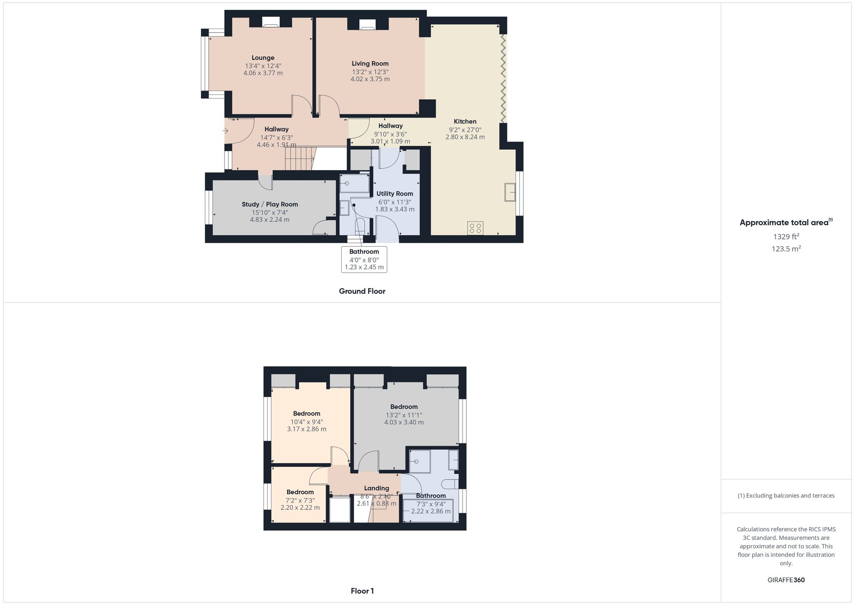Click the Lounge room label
[x=263, y=58]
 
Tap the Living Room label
[x=370, y=64]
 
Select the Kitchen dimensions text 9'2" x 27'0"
[x=465, y=130]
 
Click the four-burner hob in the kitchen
[x=475, y=228]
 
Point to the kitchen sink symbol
[x=510, y=192]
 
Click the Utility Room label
[x=395, y=194]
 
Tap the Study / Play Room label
[x=270, y=204]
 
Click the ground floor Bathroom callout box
[x=364, y=259]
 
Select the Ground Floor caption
[x=362, y=291]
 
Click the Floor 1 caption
[x=362, y=591]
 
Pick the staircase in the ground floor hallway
[x=300, y=158]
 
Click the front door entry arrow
[x=226, y=130]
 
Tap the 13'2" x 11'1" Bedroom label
[x=404, y=407]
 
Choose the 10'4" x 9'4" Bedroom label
[x=307, y=413]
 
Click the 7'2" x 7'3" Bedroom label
[x=300, y=492]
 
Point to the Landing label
[x=377, y=488]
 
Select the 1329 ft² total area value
[x=786, y=236]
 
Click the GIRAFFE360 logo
[x=786, y=580]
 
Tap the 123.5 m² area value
[x=786, y=249]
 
